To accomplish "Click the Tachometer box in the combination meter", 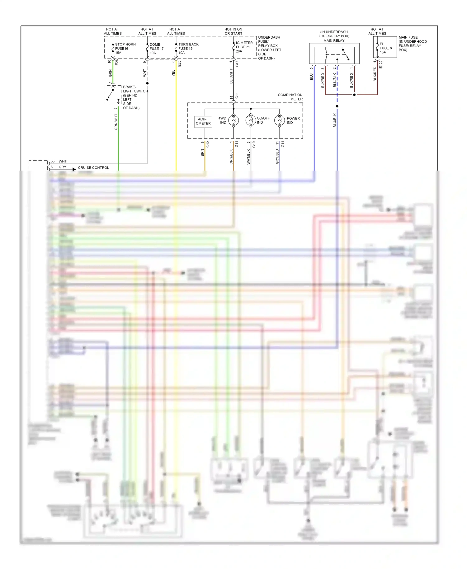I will point(203,121).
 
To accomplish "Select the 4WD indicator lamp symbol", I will point(233,120).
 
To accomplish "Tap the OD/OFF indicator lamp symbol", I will point(251,120).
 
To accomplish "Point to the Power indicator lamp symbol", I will point(279,120).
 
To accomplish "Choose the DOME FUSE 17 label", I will point(156,49).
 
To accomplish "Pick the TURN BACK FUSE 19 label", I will point(188,49).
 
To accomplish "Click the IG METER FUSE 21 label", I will point(244,47).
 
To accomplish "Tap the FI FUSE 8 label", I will point(385,48).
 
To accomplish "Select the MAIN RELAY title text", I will point(334,40).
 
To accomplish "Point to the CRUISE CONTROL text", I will point(93,167).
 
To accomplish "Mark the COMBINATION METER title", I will point(290,97).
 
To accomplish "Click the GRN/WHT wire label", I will point(116,122).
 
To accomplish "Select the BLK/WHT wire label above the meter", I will point(231,76).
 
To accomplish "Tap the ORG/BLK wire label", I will point(231,157).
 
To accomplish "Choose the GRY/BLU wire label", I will point(277,157).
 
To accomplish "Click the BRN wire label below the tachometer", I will point(202,153).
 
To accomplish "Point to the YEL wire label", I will point(174,73).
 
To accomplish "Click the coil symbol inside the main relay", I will point(326,55).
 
